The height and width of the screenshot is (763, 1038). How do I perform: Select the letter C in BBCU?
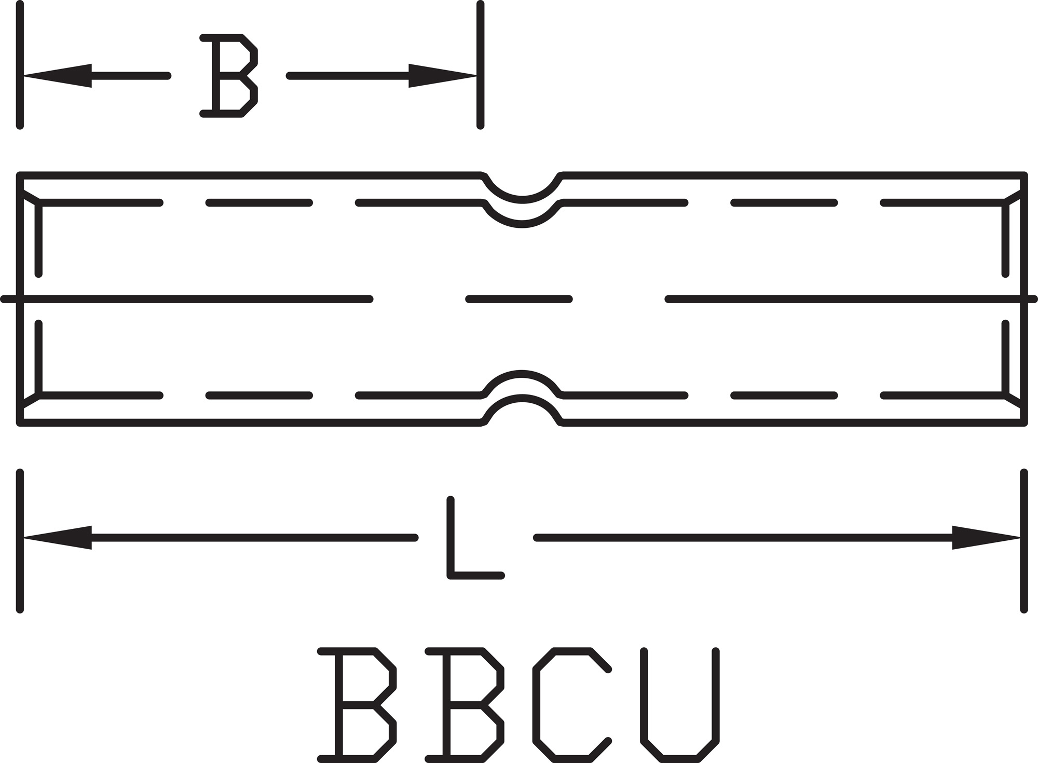tap(571, 705)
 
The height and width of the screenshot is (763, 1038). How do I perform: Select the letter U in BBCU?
tap(680, 705)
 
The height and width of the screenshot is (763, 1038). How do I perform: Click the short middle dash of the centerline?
tap(519, 299)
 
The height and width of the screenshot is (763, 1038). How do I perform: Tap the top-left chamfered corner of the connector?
tap(30, 196)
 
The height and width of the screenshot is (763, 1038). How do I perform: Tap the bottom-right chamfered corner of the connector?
tap(1014, 402)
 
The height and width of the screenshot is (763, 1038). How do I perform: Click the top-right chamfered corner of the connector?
tap(1014, 196)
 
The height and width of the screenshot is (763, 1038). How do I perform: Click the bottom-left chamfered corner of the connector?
tap(30, 402)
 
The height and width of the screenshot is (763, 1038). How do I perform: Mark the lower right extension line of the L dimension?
tap(1024, 540)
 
